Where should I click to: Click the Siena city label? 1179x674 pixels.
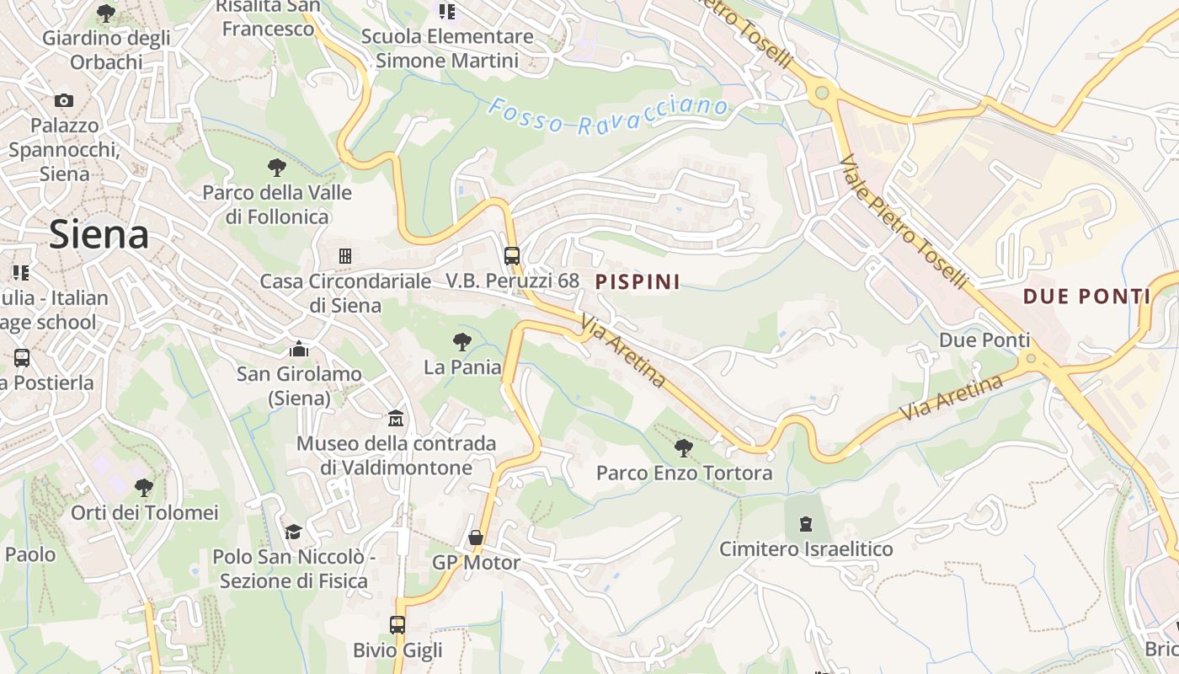99,234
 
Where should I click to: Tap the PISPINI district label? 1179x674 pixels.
638,281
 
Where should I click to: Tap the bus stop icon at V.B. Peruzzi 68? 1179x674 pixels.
511,255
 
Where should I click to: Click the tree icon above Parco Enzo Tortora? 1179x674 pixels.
684,447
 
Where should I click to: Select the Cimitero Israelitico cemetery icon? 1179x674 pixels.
806,524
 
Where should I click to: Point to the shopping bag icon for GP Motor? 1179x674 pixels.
476,538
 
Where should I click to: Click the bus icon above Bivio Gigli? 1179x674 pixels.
397,624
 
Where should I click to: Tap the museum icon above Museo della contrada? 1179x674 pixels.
396,418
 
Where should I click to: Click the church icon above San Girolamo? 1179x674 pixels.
299,349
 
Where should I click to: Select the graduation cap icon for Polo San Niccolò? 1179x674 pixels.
293,532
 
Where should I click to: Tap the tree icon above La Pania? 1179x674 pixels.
461,341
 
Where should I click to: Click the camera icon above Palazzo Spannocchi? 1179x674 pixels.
64,100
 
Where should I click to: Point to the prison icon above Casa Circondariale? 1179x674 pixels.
344,255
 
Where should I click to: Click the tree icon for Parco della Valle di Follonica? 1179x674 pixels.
276,167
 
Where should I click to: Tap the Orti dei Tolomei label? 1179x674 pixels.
144,512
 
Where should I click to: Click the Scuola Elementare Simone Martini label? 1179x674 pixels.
447,48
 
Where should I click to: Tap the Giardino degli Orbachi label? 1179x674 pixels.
106,50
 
